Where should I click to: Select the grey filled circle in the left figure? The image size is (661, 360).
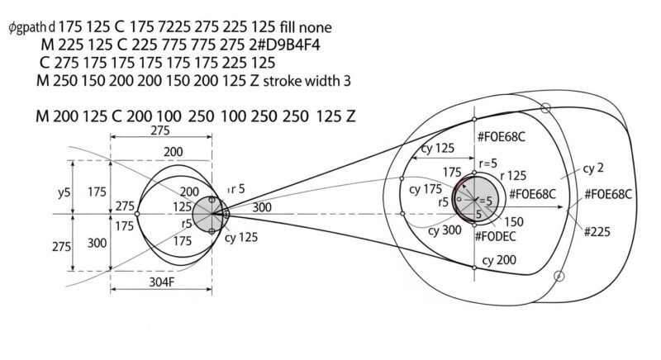(209, 214)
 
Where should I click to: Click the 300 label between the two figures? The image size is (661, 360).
(263, 207)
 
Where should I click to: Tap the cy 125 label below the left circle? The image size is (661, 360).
(245, 239)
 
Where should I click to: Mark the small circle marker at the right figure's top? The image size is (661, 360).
(545, 107)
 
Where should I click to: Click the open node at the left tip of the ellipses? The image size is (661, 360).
(137, 214)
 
